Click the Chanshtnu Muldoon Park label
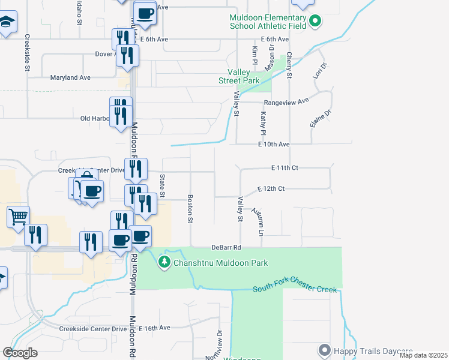point(220,263)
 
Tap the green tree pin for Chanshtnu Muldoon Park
point(164,262)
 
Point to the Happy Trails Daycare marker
point(325,350)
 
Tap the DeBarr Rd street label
point(226,247)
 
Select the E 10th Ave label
point(274,145)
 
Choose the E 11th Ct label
point(285,167)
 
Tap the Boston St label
point(190,209)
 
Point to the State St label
point(162,186)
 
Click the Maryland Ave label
point(71,77)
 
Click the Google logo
point(20,353)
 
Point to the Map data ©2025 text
point(423,355)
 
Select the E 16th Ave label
point(155,328)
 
